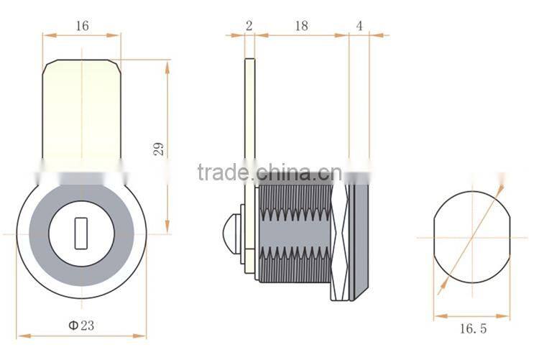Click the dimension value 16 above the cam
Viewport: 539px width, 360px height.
[x=81, y=26]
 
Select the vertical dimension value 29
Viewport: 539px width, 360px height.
[x=160, y=148]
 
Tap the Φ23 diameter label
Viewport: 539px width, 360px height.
[x=81, y=326]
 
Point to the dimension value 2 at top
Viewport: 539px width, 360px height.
[x=249, y=26]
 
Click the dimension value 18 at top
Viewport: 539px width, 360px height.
[x=301, y=26]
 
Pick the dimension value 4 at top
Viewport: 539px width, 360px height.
[x=359, y=26]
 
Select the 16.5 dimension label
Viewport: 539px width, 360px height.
[x=473, y=329]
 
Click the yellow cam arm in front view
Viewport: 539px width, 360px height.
[x=81, y=115]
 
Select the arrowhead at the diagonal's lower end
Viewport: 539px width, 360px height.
[x=442, y=286]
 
